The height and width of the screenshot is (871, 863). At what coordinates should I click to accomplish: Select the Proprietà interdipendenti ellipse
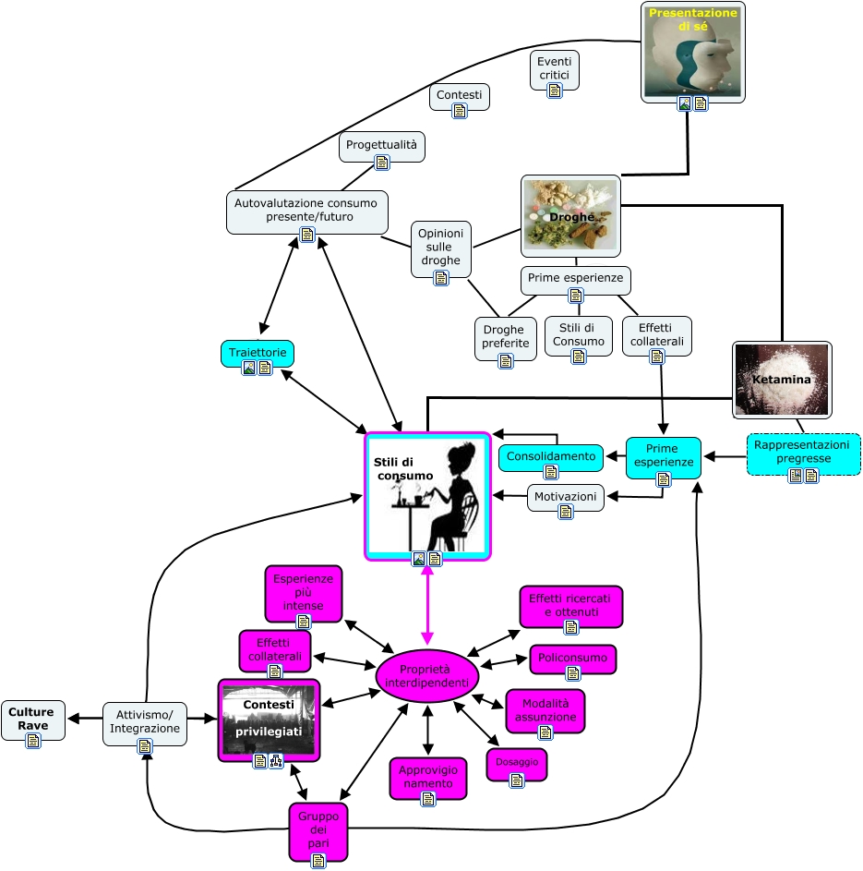[426, 675]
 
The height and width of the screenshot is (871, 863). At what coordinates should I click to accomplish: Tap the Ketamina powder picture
[782, 379]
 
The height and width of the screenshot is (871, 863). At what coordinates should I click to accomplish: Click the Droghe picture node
[570, 216]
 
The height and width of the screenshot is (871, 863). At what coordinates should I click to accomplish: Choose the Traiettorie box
[258, 353]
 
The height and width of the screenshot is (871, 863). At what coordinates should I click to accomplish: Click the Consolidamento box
[551, 456]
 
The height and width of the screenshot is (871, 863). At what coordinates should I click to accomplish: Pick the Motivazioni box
[566, 497]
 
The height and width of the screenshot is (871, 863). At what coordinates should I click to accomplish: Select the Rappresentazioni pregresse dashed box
[803, 454]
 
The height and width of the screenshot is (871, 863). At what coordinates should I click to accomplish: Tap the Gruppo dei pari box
[318, 831]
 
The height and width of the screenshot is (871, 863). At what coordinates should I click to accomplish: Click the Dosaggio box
[517, 764]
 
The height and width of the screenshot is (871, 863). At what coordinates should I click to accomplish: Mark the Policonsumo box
[572, 659]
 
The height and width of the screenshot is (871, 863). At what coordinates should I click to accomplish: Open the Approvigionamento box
[427, 778]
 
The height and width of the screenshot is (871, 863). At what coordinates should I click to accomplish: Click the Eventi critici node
[555, 69]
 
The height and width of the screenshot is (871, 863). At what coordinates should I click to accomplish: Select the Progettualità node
[382, 146]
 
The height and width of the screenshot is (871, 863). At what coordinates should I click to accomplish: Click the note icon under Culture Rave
[33, 740]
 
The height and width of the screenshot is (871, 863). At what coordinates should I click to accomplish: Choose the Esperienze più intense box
[303, 593]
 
